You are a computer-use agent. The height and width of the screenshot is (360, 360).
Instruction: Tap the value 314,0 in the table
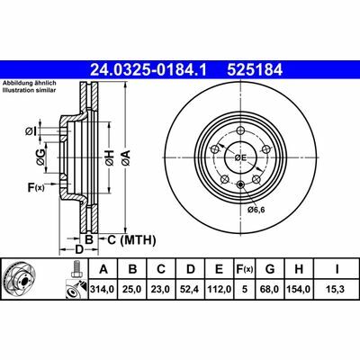point(103,289)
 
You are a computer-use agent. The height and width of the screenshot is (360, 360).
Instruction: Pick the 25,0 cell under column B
point(133,289)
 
